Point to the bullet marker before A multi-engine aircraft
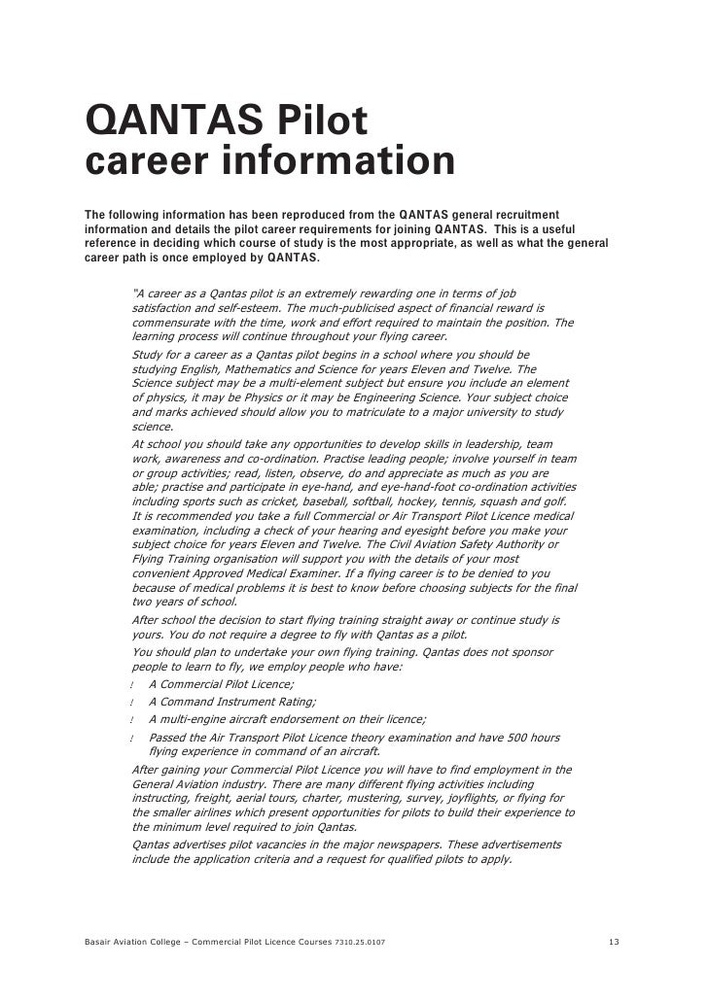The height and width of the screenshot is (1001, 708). pyautogui.click(x=130, y=720)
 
